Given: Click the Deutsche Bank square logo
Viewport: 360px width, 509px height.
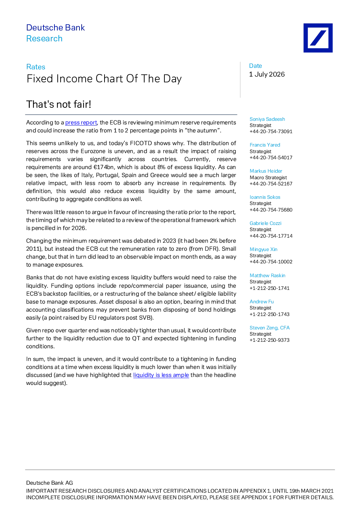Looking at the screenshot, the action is [318, 38].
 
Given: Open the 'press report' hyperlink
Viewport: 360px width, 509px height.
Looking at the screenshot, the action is [81, 123].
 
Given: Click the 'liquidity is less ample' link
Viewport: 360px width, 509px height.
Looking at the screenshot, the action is [161, 375].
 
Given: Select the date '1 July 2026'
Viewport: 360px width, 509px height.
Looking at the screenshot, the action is [267, 74].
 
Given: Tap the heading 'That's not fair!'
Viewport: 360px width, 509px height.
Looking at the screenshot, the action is [59, 104].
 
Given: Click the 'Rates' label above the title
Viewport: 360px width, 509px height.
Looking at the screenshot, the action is [36, 67].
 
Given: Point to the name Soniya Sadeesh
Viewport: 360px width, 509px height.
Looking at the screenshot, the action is [267, 119].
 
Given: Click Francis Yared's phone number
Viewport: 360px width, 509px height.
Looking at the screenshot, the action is [271, 157].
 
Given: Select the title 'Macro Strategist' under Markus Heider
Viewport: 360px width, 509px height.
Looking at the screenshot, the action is [268, 177].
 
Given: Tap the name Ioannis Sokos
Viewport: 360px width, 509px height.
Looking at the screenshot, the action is [265, 197].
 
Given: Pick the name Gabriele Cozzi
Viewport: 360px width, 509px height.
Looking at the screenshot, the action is [265, 223].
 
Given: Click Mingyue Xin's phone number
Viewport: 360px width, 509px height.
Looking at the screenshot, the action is [271, 262].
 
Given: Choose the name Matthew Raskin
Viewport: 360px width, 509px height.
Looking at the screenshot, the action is [267, 275].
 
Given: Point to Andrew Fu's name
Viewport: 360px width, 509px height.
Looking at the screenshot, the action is [262, 301].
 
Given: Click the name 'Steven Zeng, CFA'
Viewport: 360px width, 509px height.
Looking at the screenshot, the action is [270, 328].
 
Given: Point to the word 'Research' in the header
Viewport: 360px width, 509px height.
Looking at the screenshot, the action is [44, 38].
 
